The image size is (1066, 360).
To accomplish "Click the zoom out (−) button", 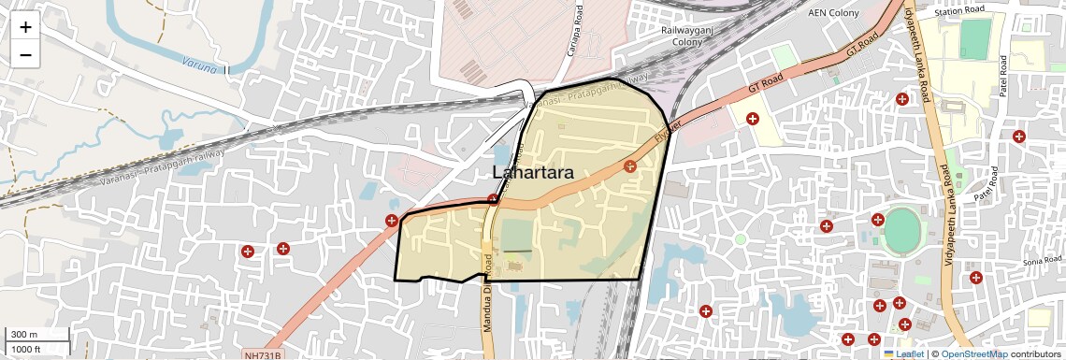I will click(25, 55).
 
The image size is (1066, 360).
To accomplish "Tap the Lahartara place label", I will click(532, 173).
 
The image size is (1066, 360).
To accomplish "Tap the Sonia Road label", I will click(1044, 262).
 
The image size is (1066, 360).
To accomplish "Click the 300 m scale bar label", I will click(24, 335).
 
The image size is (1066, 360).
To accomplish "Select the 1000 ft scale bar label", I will click(27, 349).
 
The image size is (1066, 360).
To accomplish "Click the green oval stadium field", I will click(901, 231).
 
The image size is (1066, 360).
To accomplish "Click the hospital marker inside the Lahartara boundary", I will click(630, 166).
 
